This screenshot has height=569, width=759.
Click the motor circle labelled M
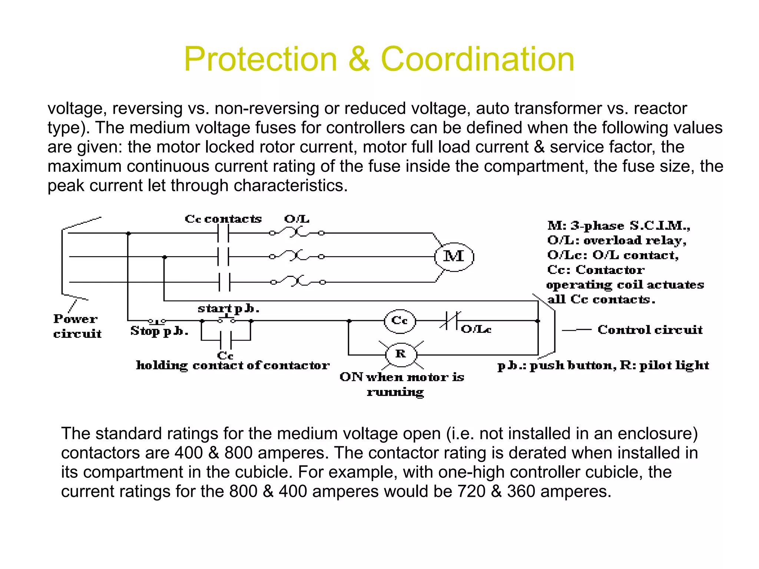pos(454,257)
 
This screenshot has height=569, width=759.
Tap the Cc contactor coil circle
pos(400,321)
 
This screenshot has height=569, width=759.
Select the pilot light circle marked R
pos(401,354)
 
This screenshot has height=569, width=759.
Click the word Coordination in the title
pos(477,59)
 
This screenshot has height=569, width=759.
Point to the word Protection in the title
pos(260,59)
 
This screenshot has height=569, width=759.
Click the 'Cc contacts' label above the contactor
pos(223,219)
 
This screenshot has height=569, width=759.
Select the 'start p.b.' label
pos(228,308)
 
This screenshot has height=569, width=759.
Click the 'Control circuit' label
pos(650,330)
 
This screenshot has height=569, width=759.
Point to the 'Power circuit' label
pos(77,326)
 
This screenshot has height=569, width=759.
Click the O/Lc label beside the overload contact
pos(476,329)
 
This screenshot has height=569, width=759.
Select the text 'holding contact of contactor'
pos(233,365)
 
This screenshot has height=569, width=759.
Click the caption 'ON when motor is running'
pos(401,384)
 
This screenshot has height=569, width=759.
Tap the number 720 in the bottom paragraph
pos(471,492)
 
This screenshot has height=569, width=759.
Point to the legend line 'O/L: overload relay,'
pos(617,241)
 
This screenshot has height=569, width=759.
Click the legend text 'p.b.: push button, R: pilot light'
pos(603,365)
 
